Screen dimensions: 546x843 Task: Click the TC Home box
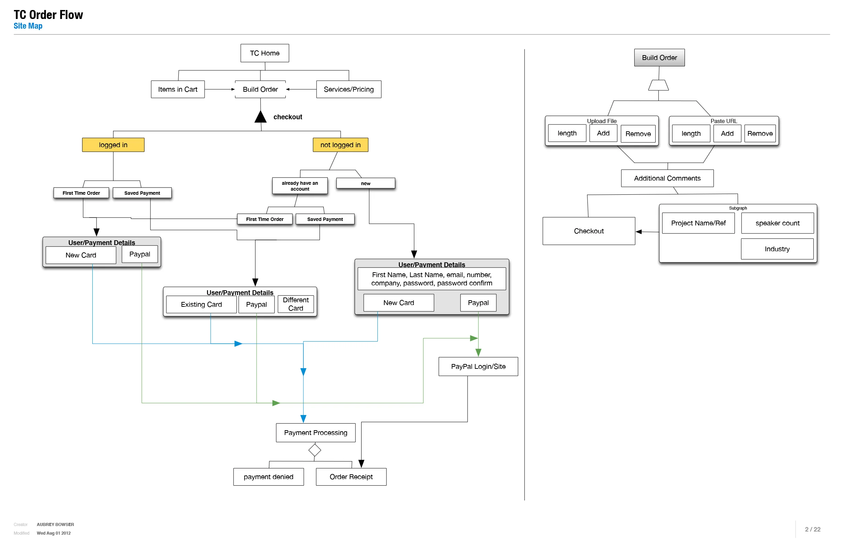point(264,53)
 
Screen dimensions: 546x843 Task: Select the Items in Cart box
point(177,89)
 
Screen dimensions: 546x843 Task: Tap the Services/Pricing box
point(348,89)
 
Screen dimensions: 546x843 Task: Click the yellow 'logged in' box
point(113,145)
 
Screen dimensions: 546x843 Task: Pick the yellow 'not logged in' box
point(340,145)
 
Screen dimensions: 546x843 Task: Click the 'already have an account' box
point(300,186)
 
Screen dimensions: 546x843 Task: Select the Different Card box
point(295,304)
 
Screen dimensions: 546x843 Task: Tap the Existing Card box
point(201,304)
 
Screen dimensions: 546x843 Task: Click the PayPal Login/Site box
point(478,366)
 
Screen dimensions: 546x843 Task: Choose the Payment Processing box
point(315,433)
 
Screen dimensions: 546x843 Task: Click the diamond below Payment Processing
point(314,450)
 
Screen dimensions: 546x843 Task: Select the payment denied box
point(268,477)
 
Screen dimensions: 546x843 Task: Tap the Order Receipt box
point(351,477)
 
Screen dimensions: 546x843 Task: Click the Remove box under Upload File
point(638,134)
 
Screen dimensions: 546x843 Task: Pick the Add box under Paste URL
point(727,133)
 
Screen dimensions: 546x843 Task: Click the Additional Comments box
point(667,178)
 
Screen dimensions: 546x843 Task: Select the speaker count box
point(777,223)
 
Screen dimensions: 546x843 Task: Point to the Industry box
point(777,249)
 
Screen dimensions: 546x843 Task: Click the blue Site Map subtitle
point(28,26)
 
